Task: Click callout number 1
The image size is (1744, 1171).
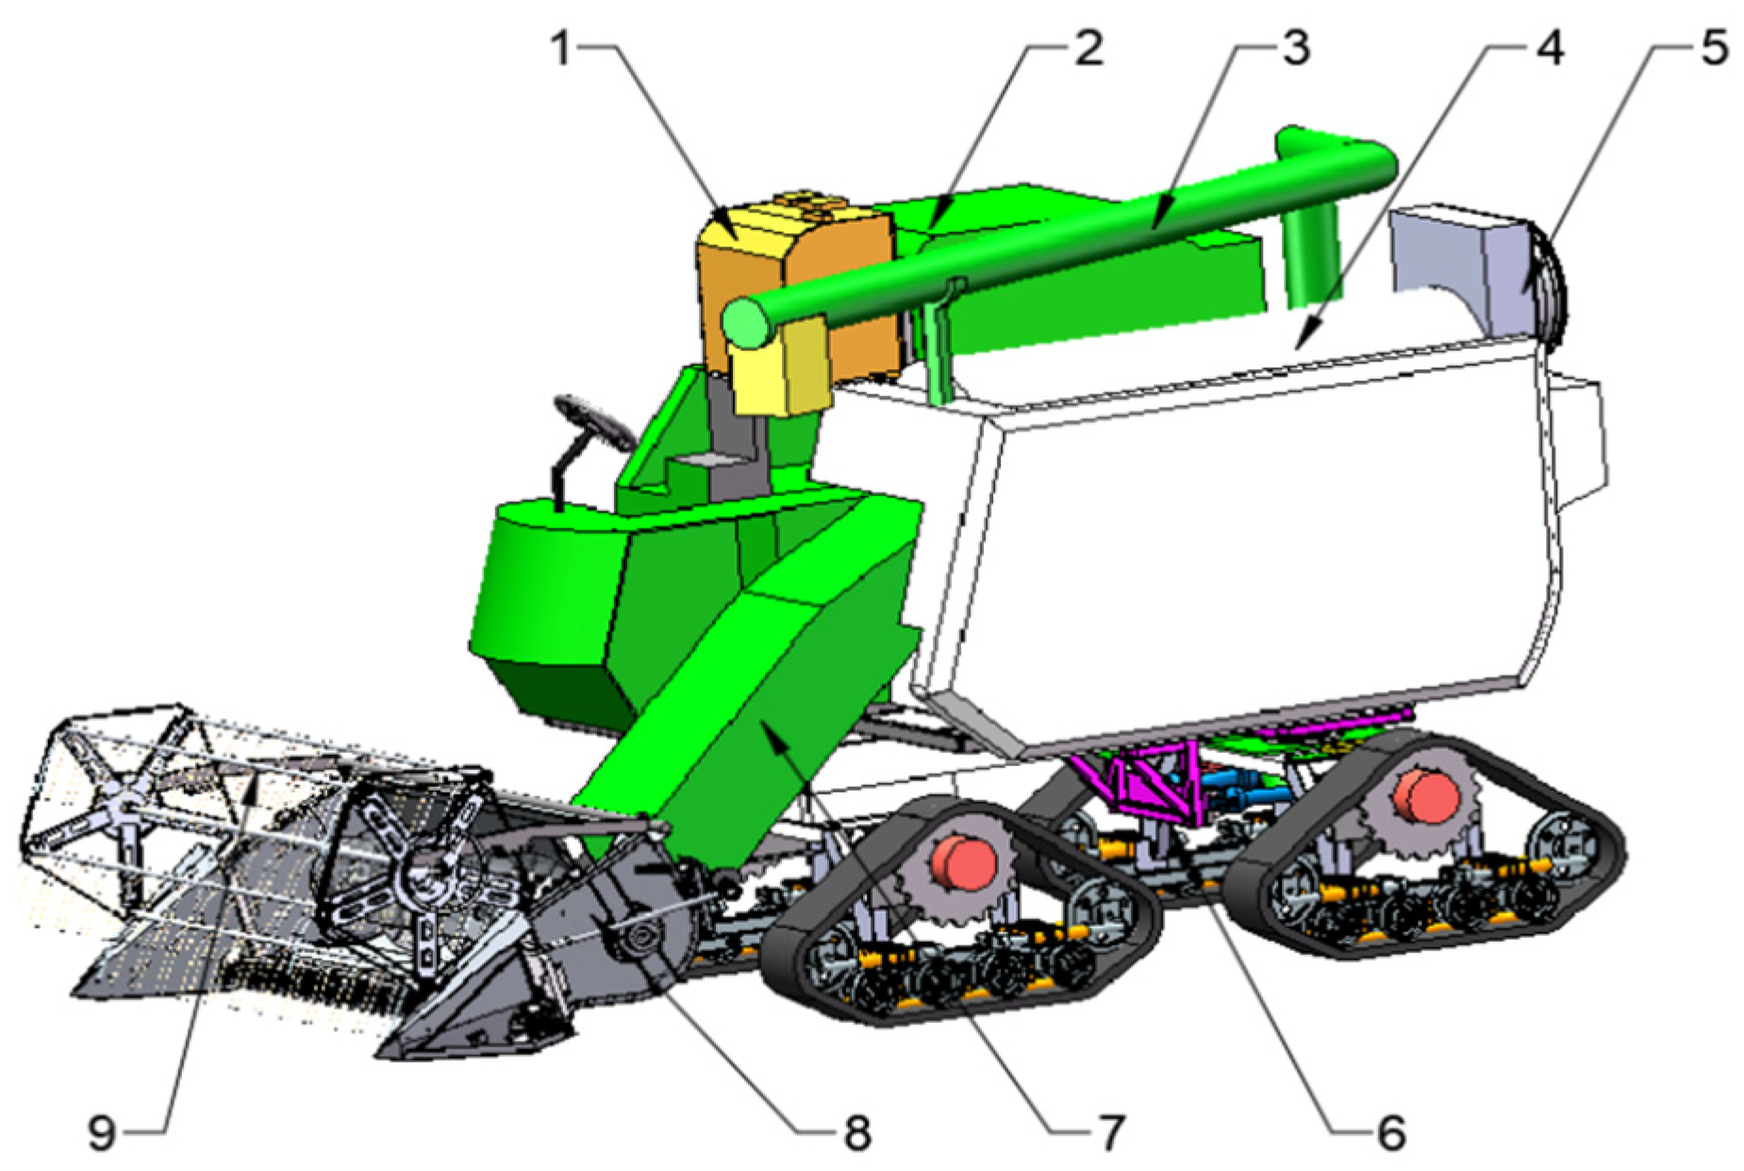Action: [x=563, y=48]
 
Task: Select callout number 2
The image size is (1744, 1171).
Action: [x=1089, y=48]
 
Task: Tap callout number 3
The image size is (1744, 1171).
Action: [x=1297, y=48]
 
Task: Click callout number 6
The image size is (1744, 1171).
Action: [x=1390, y=1132]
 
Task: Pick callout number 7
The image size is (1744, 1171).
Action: [x=1111, y=1132]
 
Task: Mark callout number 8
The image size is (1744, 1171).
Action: [x=856, y=1132]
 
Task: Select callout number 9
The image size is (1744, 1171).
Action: [x=102, y=1132]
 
